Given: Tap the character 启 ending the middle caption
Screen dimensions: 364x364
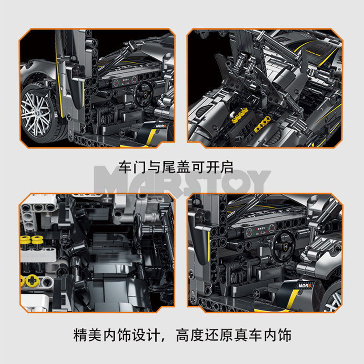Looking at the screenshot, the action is click(x=227, y=167).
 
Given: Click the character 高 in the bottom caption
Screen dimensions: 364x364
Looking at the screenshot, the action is click(x=183, y=335).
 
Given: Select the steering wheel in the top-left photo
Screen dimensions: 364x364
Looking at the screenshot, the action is click(x=144, y=95).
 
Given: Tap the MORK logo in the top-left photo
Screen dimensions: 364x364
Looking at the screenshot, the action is click(x=161, y=126).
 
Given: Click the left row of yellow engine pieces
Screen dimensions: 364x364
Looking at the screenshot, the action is click(x=240, y=116).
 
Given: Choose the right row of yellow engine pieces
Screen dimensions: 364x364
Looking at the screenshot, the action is click(x=263, y=124).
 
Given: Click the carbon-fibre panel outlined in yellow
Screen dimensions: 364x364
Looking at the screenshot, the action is click(x=316, y=51).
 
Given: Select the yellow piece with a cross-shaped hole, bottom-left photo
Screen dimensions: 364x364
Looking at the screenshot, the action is click(x=32, y=280).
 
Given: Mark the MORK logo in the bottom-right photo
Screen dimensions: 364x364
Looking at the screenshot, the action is click(x=305, y=286).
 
